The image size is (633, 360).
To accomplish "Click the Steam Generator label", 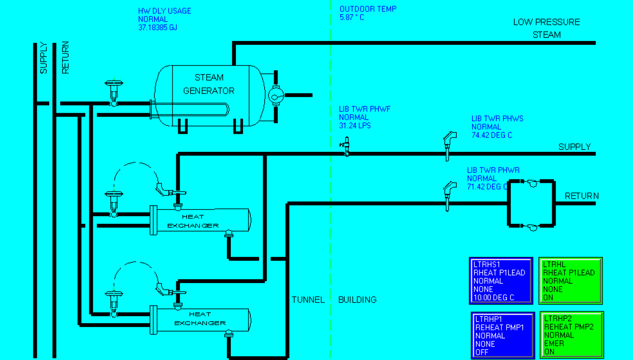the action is [209, 84].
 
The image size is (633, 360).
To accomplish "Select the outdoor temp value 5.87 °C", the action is [352, 18].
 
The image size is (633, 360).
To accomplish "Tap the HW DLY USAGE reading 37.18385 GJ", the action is [158, 27].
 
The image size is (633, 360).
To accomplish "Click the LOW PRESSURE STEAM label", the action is [547, 28].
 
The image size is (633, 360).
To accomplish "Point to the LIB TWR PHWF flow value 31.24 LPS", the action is [354, 126].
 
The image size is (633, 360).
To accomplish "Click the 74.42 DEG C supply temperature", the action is [492, 135].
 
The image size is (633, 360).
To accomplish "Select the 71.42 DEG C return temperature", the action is [487, 187].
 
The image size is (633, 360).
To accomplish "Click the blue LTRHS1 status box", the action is [501, 281].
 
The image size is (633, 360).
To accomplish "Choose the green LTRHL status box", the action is [570, 281].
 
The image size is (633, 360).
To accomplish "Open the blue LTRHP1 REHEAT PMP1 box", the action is [503, 336].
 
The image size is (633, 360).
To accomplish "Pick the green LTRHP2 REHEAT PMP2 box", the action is [572, 335].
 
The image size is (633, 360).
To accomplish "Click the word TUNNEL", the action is [308, 299].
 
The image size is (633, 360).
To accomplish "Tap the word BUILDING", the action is [357, 299].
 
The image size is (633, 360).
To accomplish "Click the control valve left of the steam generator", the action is [114, 92].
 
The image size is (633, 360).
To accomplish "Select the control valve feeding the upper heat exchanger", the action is [114, 203].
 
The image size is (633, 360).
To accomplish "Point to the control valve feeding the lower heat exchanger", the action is [114, 303].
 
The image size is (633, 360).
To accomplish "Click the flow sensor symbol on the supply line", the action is [346, 146].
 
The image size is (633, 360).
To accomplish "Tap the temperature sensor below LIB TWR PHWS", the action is [449, 146].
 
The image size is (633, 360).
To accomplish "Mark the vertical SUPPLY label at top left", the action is [43, 58].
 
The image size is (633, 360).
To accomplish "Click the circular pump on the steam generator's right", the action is [276, 95].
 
